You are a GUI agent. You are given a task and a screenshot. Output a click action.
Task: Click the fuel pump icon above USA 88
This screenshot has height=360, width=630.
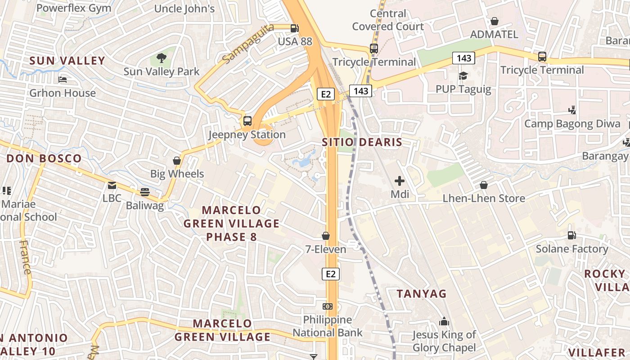294,28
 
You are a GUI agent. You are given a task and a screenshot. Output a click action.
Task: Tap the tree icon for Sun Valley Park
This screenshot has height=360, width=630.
161,58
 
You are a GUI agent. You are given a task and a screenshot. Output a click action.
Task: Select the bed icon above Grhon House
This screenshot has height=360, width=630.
63,80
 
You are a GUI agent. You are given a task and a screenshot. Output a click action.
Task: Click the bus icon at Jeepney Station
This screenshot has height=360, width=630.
247,121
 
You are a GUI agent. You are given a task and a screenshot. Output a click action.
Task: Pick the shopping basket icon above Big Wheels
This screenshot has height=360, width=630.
177,161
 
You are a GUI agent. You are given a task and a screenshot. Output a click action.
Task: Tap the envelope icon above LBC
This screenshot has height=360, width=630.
112,185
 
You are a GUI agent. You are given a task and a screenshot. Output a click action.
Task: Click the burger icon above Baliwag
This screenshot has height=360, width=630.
144,192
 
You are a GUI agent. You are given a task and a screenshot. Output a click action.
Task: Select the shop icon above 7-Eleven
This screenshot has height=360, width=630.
326,236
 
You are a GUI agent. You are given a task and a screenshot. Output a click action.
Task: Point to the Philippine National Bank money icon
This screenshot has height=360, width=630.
328,306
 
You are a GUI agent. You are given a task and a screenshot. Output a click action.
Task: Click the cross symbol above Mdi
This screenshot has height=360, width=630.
399,181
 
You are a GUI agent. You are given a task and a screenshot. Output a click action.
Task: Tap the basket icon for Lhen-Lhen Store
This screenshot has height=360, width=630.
484,185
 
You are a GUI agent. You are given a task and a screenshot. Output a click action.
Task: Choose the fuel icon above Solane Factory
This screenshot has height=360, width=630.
571,235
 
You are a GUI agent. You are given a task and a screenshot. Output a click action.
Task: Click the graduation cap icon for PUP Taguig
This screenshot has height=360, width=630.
463,76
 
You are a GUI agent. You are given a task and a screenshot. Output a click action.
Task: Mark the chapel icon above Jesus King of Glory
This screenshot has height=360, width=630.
444,321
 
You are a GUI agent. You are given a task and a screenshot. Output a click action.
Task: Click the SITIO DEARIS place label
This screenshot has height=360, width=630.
362,143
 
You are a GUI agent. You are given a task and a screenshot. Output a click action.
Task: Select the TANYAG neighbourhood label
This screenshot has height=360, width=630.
421,294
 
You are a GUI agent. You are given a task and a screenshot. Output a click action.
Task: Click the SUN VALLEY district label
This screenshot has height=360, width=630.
67,61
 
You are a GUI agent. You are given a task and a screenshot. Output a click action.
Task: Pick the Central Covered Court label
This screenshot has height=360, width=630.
388,20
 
